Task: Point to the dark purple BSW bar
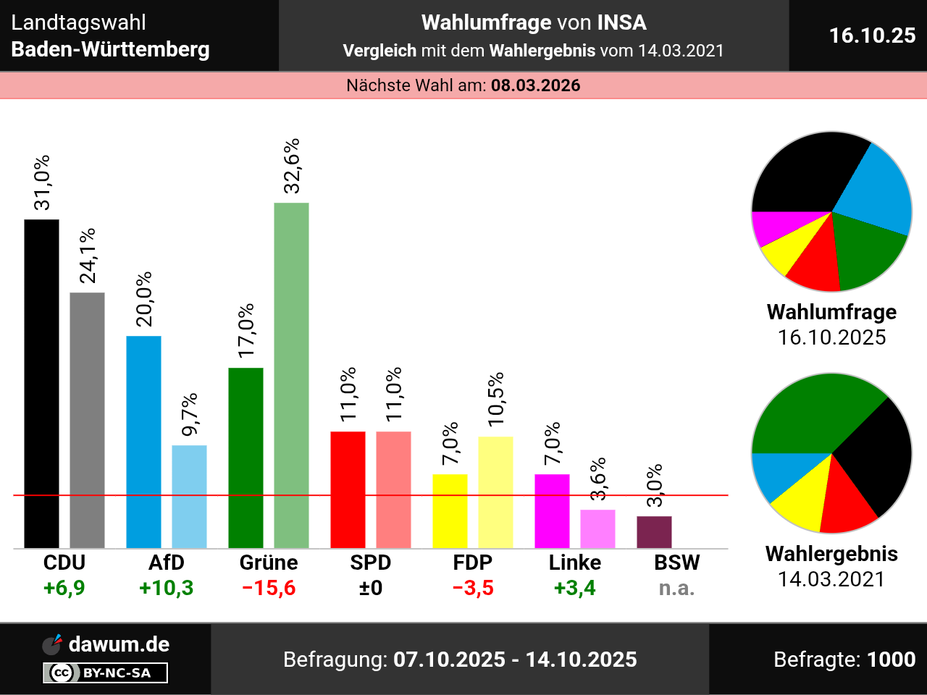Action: point(654,532)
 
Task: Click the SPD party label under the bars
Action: point(370,563)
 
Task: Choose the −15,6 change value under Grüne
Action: point(269,588)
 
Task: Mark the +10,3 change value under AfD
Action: point(167,588)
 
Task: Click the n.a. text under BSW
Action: point(676,588)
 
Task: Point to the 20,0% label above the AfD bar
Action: point(144,299)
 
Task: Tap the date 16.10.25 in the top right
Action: point(872,35)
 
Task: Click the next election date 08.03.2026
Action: point(536,85)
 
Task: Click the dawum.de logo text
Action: point(119,644)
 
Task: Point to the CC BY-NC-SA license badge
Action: point(106,673)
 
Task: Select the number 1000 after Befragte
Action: point(891,660)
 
